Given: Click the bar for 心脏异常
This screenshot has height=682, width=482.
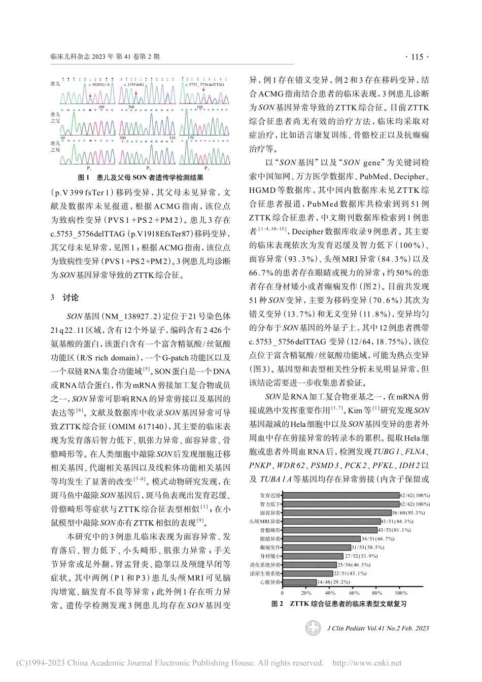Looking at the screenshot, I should click(x=299, y=583).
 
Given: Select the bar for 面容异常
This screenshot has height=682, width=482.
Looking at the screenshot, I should click(x=340, y=513).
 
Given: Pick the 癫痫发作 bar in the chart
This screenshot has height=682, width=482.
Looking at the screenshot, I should click(x=317, y=547).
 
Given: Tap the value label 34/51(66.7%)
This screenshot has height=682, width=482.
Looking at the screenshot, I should click(x=378, y=538).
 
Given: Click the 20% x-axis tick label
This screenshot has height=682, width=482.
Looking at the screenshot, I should click(x=306, y=593).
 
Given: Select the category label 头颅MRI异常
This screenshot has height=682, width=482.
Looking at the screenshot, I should click(x=265, y=521).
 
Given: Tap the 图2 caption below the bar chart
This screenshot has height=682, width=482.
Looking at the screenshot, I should click(x=339, y=604).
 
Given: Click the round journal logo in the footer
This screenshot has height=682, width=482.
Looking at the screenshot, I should click(x=313, y=628).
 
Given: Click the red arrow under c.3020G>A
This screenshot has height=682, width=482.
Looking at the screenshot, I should click(x=90, y=95).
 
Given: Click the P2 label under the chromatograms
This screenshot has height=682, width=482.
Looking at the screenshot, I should click(x=149, y=168).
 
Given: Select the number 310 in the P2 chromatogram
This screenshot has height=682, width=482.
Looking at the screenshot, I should click(x=173, y=138).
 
